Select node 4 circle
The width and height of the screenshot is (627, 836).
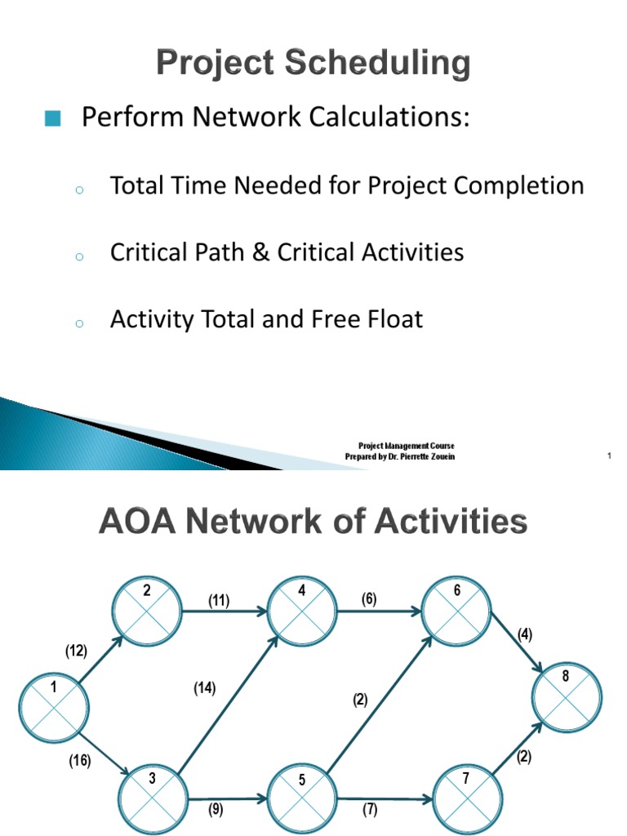coord(302,610)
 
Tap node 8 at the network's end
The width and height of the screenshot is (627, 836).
coord(567,696)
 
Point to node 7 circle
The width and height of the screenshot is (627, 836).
coord(466,796)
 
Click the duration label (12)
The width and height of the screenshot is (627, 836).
coord(77,651)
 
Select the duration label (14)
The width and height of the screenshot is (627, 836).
coord(204,688)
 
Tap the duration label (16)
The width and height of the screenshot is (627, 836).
coord(79,761)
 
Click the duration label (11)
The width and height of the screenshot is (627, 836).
coord(218,602)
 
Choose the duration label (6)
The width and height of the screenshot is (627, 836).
coord(369,598)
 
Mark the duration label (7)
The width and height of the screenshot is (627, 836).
coord(369,811)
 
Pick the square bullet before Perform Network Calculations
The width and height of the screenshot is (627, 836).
coord(53,119)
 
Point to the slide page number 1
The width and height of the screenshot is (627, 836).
coord(609,456)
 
